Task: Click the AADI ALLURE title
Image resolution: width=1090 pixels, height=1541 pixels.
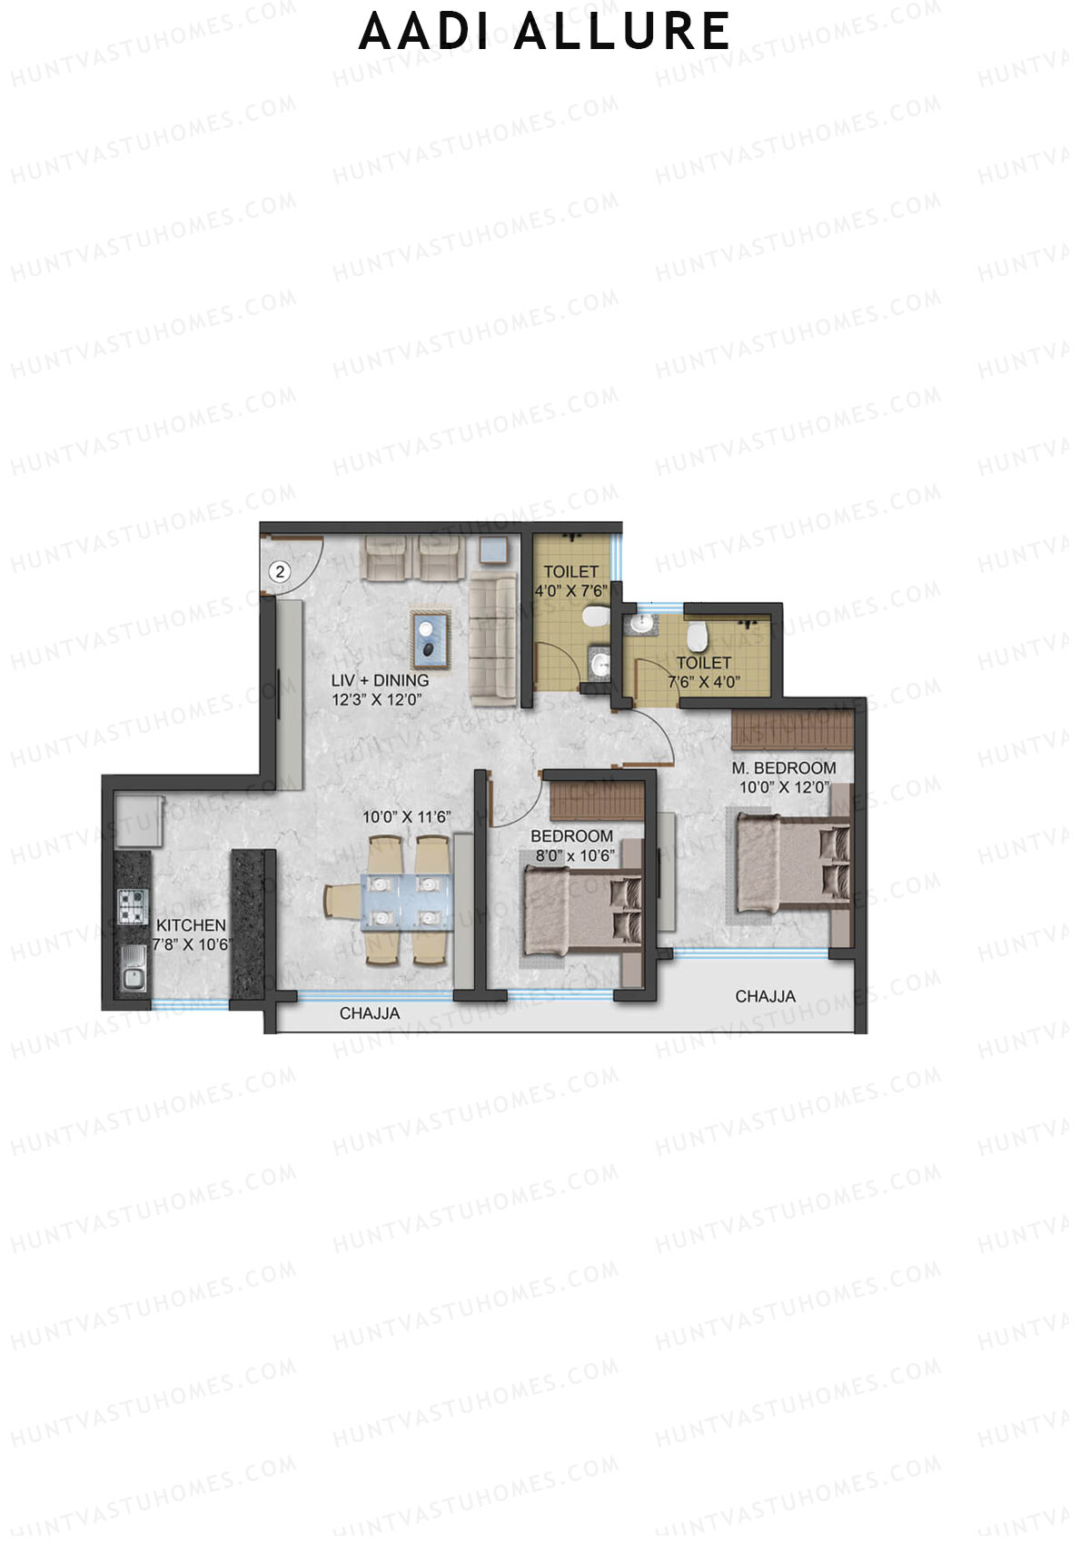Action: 544,32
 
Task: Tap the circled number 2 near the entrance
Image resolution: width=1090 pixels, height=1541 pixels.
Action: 280,571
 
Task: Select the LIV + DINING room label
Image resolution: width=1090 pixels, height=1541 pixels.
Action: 380,680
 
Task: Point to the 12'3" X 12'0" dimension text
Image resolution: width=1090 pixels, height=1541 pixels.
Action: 377,700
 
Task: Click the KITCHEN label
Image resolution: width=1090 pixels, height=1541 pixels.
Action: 191,925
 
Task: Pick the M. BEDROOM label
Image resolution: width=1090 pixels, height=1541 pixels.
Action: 784,768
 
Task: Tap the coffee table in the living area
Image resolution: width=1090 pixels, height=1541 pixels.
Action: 431,637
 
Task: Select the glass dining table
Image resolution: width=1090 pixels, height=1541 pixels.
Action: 407,901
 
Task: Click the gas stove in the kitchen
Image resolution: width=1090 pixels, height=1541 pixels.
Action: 133,905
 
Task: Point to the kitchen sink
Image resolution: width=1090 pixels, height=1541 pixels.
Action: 133,968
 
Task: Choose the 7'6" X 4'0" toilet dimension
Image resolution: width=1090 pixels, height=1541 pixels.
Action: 704,682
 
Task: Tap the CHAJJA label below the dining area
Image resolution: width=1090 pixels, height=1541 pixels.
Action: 370,1013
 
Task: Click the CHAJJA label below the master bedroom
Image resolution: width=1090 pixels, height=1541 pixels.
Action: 765,997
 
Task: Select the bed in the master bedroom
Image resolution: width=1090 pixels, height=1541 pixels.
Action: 788,863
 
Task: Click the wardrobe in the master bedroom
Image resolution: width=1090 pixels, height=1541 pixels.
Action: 792,728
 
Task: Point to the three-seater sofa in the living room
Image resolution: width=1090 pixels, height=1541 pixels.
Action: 492,639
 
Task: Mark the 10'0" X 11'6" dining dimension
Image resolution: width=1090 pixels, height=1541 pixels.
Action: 407,817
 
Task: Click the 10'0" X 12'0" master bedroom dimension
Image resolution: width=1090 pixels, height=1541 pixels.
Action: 784,787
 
